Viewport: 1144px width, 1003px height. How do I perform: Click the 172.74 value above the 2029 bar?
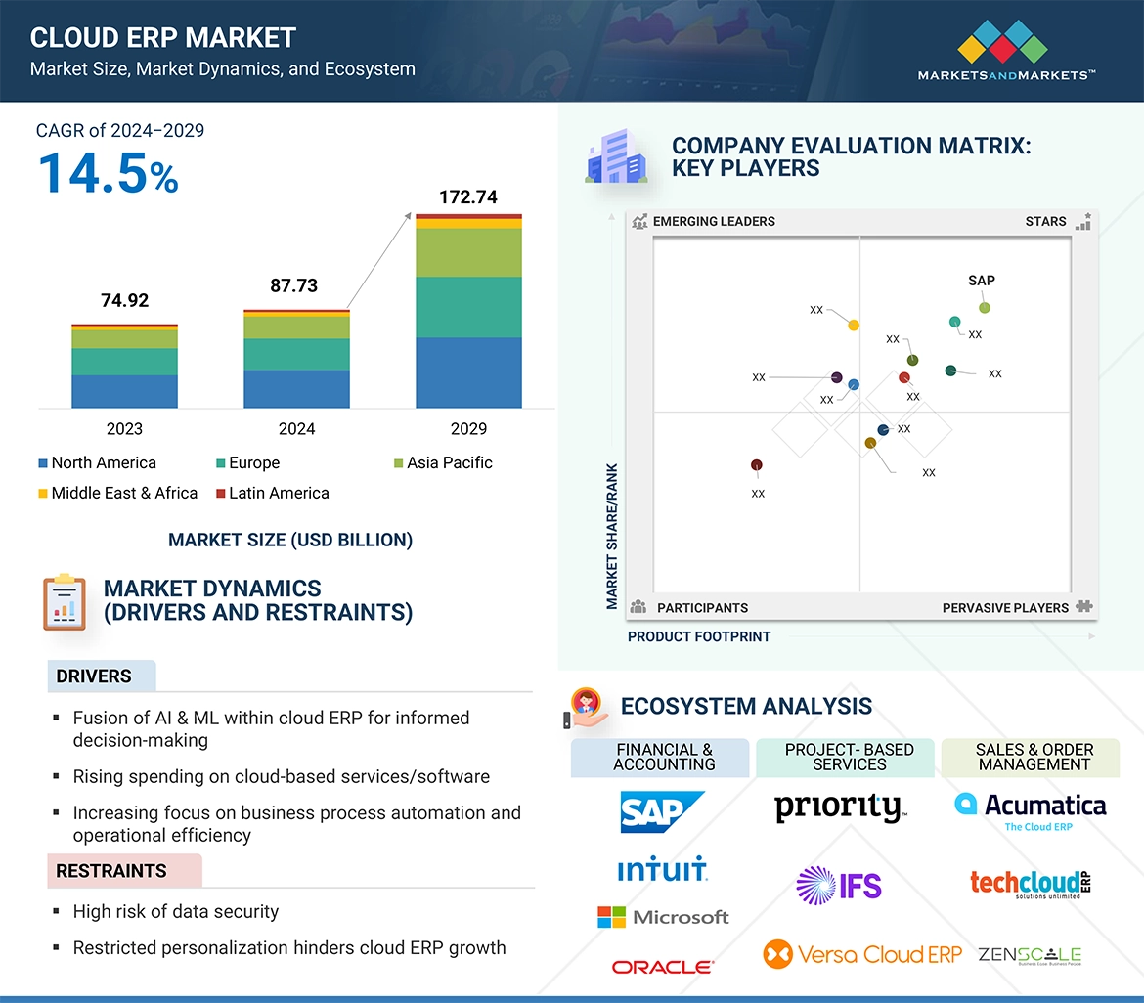pos(468,197)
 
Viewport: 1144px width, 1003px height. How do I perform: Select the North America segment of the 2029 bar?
pos(468,372)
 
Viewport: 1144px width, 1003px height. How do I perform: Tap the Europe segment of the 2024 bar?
pos(296,354)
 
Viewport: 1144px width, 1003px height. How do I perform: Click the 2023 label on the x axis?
pos(124,429)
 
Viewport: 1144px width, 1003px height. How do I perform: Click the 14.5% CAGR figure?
pos(108,173)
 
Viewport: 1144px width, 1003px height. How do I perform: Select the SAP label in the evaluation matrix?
pos(982,281)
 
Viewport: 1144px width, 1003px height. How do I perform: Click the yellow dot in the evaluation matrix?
pos(854,326)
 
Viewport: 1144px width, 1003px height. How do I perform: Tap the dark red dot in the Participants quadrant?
pos(756,465)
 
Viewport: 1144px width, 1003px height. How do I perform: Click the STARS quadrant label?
pos(1045,222)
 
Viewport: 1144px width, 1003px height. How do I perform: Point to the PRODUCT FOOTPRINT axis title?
pos(699,637)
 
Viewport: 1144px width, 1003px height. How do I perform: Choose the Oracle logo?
pos(663,967)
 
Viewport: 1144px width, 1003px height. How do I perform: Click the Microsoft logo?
pos(664,917)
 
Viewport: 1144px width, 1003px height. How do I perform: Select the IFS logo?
pos(839,886)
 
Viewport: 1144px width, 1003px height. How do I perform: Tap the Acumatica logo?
pos(1031,807)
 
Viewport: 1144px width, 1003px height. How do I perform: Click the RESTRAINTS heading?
pos(111,871)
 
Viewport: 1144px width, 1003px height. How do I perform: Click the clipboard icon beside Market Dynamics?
pos(65,602)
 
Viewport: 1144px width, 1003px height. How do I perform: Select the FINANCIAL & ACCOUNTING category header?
pos(664,758)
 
